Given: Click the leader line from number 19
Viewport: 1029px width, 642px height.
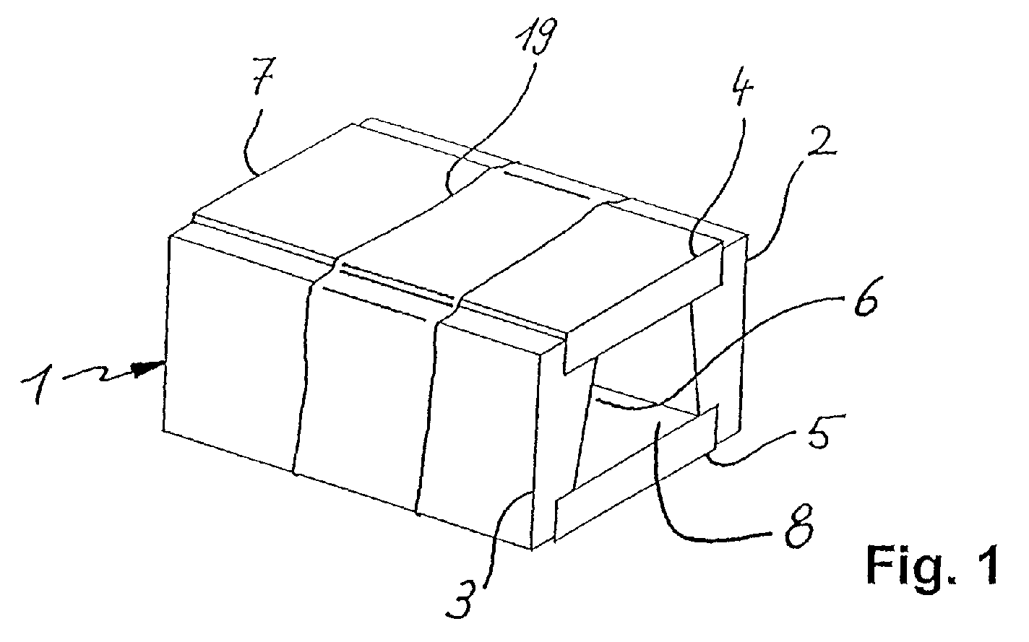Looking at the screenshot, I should pos(491,130).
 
